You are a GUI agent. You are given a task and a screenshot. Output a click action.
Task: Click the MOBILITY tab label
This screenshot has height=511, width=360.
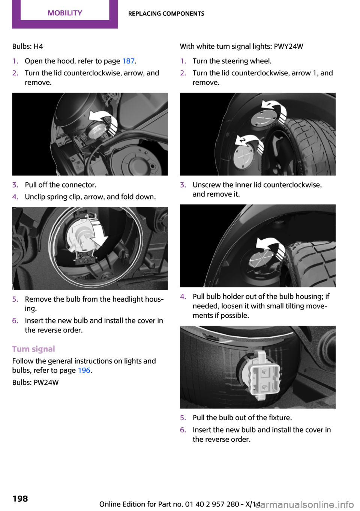tap(65, 13)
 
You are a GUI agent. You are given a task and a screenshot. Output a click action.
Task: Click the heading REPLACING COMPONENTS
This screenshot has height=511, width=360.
tap(166, 14)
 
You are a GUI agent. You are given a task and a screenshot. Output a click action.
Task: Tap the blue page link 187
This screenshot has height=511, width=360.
tap(128, 61)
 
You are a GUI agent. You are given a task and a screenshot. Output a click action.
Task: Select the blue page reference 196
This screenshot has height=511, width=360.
tap(84, 370)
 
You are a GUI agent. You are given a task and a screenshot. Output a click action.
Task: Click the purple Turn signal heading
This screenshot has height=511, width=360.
tap(33, 349)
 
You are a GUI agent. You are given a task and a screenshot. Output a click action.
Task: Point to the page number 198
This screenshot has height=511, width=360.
tap(20, 499)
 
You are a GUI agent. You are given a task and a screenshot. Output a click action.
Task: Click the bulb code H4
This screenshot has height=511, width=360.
tap(38, 47)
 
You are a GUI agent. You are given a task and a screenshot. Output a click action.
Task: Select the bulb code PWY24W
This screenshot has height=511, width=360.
tap(288, 47)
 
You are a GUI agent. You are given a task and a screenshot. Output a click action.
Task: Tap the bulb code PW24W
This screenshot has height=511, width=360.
tap(46, 382)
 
